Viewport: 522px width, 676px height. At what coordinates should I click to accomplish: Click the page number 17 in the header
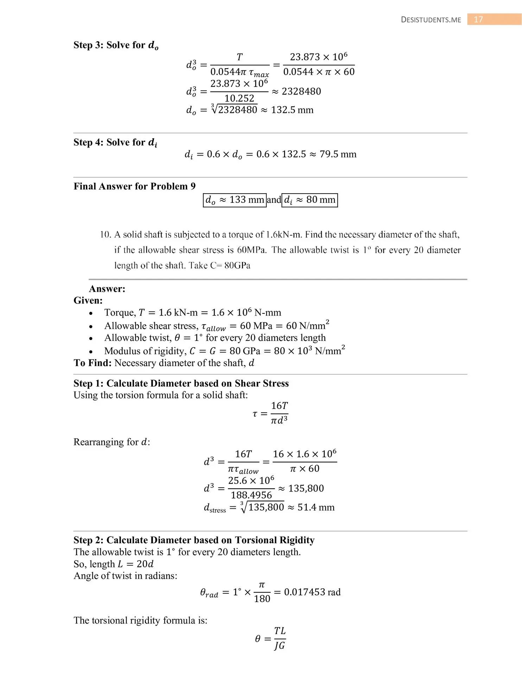click(478, 19)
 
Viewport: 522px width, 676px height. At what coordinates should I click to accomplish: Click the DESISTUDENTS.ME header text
click(431, 20)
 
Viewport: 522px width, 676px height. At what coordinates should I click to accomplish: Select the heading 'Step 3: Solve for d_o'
click(116, 45)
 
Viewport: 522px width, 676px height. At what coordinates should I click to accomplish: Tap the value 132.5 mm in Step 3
click(292, 110)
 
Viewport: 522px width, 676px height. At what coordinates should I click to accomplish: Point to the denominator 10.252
click(239, 98)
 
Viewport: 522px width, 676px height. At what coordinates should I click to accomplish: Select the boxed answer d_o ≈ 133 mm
click(235, 200)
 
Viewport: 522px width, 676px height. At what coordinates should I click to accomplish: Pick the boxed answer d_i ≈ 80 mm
click(310, 200)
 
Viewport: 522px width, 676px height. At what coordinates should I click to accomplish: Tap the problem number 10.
click(105, 234)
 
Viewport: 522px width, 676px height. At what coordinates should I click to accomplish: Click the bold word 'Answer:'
click(107, 289)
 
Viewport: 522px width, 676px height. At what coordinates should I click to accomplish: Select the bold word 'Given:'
click(88, 300)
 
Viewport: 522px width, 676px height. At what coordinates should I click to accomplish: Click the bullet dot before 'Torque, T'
click(91, 313)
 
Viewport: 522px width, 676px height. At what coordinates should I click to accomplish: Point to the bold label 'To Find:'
click(93, 363)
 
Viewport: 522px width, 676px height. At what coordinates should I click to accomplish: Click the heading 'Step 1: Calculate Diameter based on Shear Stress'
click(181, 383)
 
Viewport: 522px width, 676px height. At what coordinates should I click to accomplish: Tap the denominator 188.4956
click(251, 495)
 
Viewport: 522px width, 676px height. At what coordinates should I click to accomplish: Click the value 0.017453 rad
click(312, 592)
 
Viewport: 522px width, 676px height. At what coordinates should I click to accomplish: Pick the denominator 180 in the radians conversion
click(262, 599)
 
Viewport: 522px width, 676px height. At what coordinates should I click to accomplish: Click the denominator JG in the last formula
click(279, 646)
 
